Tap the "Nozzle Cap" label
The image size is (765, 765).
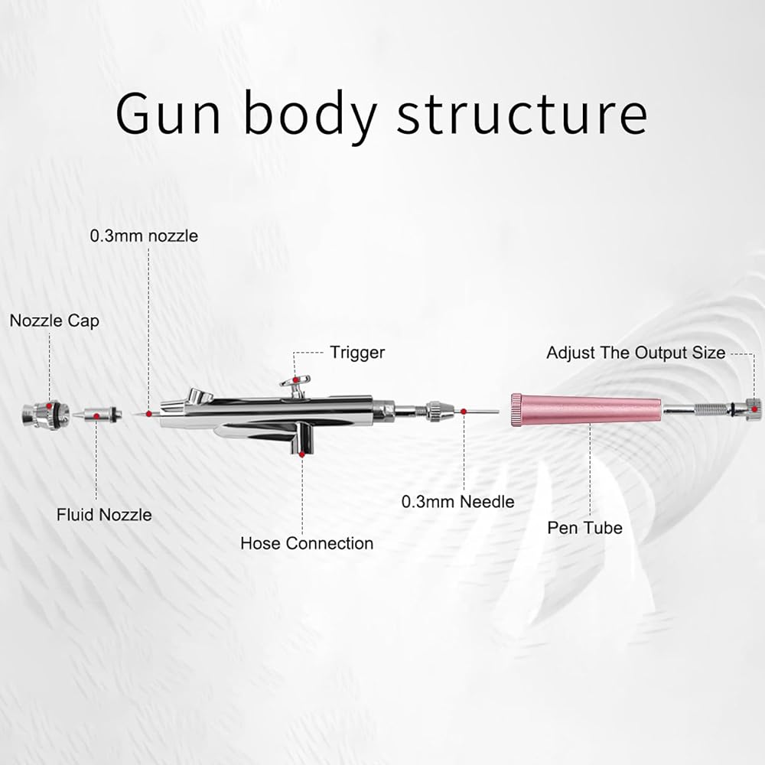pos(54,321)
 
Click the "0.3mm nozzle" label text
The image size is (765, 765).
pos(144,236)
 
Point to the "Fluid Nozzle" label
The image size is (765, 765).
pos(104,515)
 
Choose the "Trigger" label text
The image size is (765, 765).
pos(357,353)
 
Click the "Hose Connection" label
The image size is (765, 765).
pos(307,544)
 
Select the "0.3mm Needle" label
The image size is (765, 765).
pos(458,502)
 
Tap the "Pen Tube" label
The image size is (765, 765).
pos(584,528)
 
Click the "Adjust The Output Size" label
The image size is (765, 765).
pos(636,353)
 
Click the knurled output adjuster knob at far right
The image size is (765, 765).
pos(753,409)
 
